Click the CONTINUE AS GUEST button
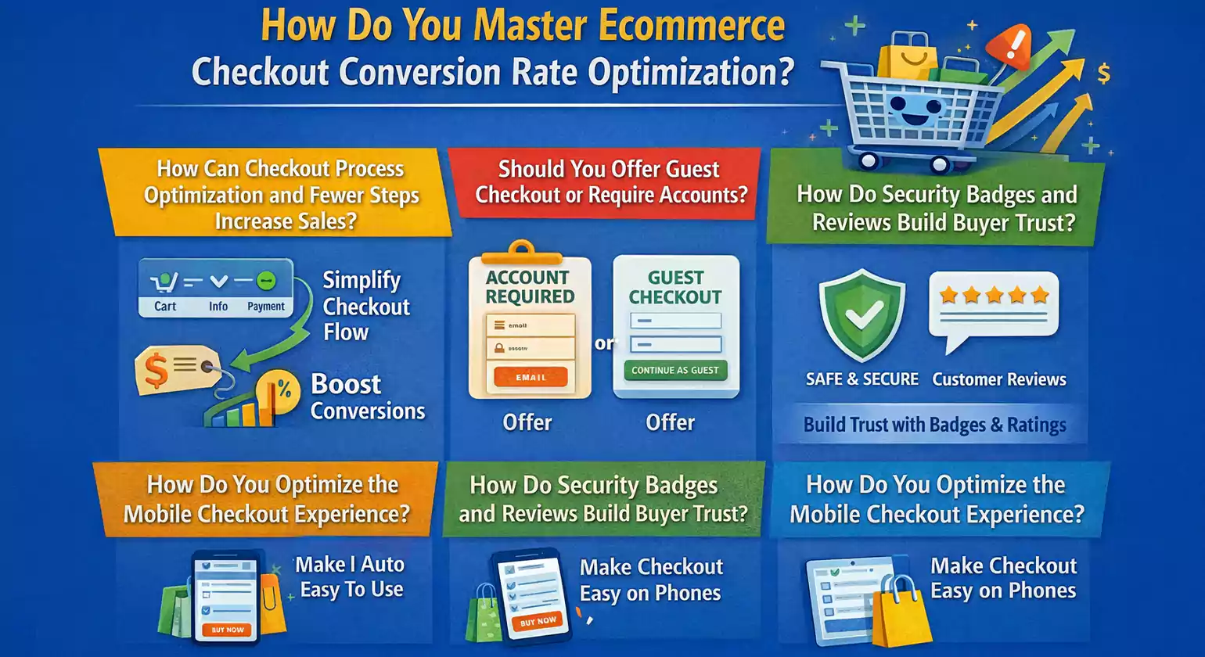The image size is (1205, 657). click(x=675, y=370)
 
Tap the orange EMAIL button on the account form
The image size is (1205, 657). click(x=531, y=377)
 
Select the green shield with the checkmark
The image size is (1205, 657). click(x=861, y=314)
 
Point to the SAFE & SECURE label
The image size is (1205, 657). click(x=862, y=379)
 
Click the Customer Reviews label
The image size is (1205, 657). click(x=999, y=380)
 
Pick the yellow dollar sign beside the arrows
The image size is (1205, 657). click(x=1103, y=74)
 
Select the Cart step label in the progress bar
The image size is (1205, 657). click(x=165, y=307)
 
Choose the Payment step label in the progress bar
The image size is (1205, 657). click(x=266, y=307)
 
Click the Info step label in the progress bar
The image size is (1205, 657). click(x=218, y=307)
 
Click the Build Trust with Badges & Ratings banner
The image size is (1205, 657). click(x=934, y=425)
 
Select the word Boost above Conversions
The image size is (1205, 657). click(x=346, y=384)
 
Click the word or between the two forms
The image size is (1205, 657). click(x=603, y=343)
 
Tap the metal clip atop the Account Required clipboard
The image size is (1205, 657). click(x=524, y=250)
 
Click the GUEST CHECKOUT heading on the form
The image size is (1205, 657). click(x=675, y=287)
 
